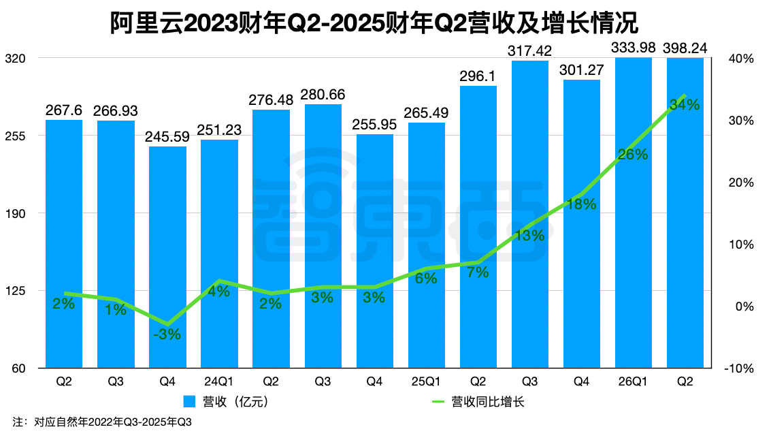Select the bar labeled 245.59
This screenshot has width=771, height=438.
pyautogui.click(x=167, y=259)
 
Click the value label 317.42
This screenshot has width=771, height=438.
pyautogui.click(x=529, y=50)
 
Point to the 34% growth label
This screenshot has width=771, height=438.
pyautogui.click(x=685, y=105)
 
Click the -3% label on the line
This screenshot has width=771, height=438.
pyautogui.click(x=167, y=334)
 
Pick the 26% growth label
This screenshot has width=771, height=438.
pyautogui.click(x=633, y=155)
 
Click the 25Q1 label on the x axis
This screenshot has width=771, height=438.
pyautogui.click(x=426, y=382)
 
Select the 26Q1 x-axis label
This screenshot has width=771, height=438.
pyautogui.click(x=633, y=382)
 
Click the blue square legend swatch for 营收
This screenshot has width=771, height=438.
pyautogui.click(x=190, y=401)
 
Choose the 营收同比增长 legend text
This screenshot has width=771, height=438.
pyautogui.click(x=488, y=401)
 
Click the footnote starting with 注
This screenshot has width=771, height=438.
pyautogui.click(x=102, y=422)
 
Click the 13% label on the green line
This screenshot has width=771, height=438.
pyautogui.click(x=529, y=236)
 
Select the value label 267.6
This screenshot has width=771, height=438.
pyautogui.click(x=64, y=110)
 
